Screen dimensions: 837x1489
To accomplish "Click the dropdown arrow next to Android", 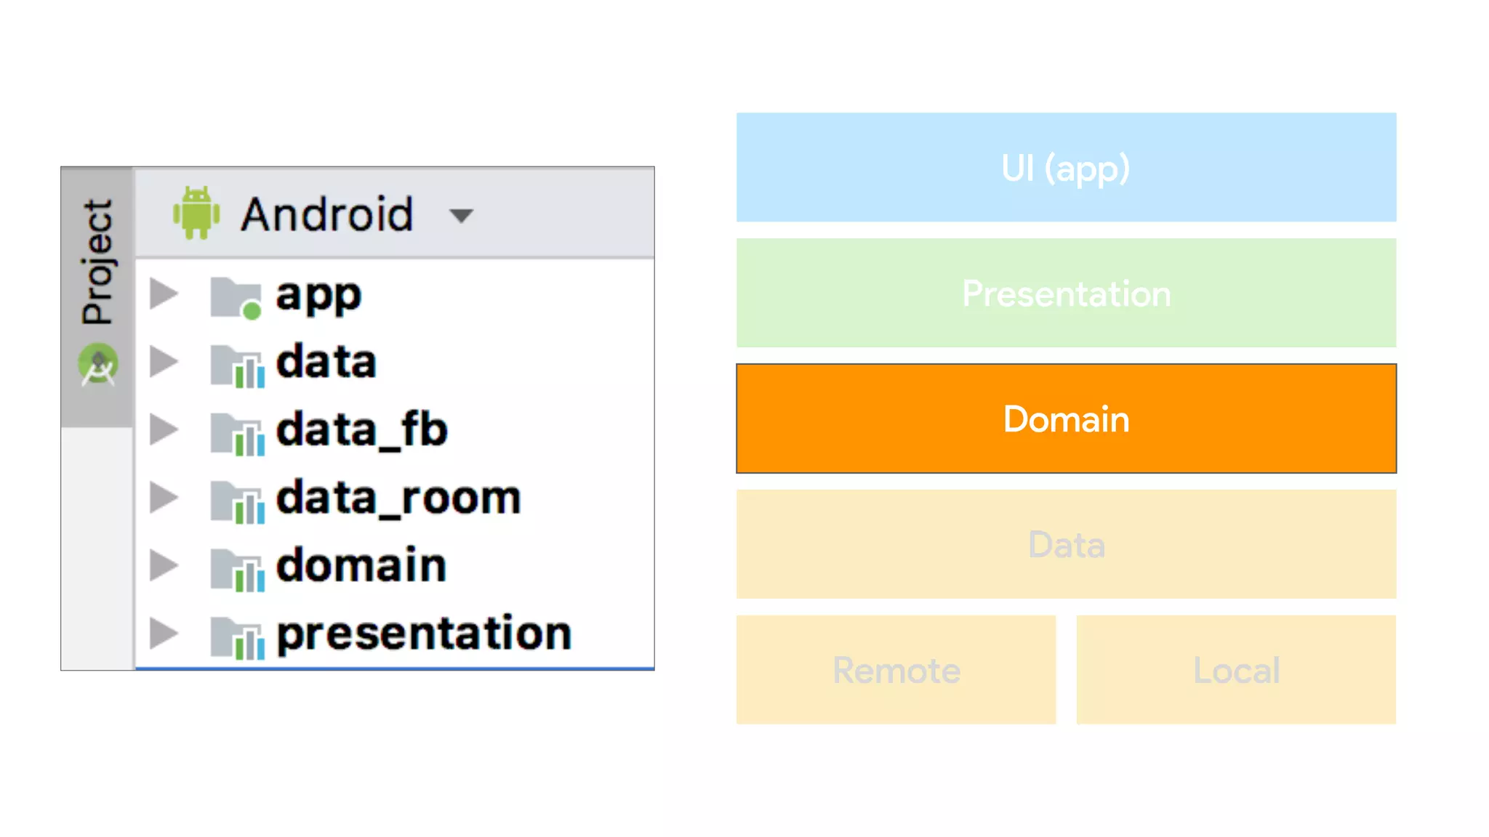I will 461,215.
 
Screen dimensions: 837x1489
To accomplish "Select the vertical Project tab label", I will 97,262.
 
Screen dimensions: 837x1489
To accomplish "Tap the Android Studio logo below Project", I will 98,365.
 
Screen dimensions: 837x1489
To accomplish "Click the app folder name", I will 318,296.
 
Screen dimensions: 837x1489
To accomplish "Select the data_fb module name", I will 361,429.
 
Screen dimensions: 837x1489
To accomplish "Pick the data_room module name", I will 398,498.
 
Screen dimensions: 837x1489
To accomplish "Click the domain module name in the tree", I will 361,565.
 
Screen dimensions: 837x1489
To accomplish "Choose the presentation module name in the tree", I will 424,633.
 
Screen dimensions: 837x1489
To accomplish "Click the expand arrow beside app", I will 164,294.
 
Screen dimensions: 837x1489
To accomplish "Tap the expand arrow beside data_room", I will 164,498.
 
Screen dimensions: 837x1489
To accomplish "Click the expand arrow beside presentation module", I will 164,633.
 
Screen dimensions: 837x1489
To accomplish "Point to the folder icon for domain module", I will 237,569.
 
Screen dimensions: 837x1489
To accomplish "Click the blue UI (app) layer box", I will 1066,167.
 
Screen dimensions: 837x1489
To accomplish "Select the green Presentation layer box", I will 1066,293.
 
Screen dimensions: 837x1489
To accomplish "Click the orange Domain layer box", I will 1066,418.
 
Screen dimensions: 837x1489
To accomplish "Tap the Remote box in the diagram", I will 896,669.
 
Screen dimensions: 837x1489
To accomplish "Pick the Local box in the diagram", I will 1236,669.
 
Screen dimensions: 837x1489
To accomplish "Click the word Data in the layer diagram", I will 1066,544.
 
